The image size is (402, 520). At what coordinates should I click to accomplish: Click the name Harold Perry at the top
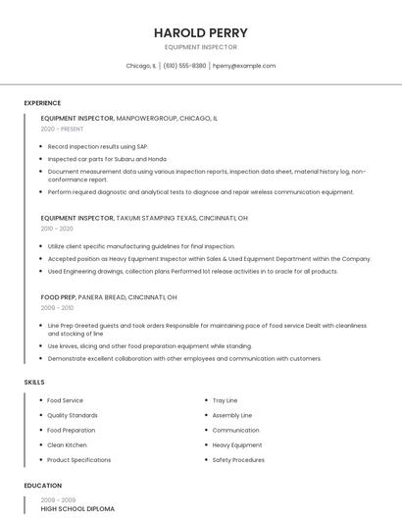200,32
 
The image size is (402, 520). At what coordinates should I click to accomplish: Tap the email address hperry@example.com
244,66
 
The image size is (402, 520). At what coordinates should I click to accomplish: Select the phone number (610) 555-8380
184,66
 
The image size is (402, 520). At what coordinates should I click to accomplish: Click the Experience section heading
42,103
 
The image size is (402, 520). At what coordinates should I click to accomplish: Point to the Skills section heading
34,382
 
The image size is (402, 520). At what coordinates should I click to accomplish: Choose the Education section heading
43,485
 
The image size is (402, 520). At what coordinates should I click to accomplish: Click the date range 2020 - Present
62,129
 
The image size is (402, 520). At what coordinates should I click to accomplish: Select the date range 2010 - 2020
57,229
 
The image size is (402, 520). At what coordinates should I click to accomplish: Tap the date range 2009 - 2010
57,308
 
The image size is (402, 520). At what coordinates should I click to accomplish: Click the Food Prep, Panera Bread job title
108,296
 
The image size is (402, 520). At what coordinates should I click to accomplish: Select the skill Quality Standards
72,415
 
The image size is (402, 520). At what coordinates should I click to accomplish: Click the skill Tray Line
225,400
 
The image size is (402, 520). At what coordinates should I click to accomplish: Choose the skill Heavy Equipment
236,444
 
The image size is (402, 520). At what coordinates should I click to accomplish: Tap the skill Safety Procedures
238,459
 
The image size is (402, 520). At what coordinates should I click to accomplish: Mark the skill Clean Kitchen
67,444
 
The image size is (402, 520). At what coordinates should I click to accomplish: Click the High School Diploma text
77,509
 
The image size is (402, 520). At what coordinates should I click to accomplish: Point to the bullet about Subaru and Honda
107,158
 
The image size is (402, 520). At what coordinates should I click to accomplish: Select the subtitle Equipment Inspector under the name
200,47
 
